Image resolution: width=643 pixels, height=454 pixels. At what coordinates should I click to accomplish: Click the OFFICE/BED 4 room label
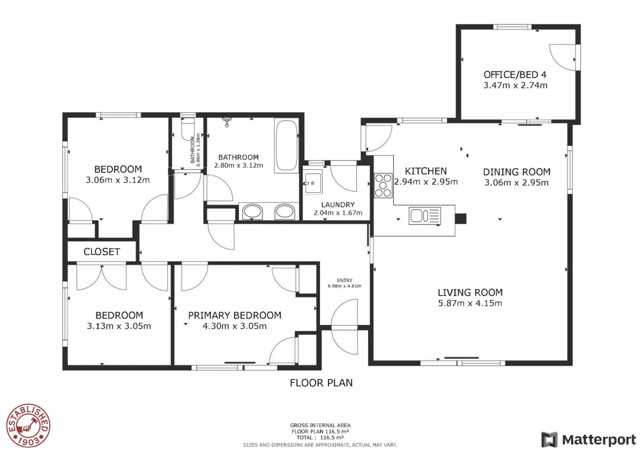click(515, 74)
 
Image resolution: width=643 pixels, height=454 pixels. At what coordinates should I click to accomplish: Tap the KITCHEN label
click(425, 171)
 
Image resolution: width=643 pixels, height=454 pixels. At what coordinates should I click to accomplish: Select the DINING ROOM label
click(517, 172)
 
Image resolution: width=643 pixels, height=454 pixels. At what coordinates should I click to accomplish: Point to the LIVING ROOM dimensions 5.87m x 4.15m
click(470, 303)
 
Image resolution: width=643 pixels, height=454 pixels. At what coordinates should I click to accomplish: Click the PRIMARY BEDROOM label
click(235, 315)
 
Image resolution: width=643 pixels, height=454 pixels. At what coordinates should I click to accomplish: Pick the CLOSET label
click(101, 252)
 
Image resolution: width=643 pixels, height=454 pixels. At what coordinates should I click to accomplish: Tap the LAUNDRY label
click(338, 205)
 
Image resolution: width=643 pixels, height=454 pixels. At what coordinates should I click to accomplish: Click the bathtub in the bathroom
click(286, 146)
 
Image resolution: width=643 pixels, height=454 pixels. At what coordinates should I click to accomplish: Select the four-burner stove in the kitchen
click(383, 185)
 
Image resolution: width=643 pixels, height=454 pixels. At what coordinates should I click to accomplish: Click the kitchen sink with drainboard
click(425, 216)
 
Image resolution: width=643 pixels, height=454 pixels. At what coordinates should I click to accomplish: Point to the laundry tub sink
click(312, 182)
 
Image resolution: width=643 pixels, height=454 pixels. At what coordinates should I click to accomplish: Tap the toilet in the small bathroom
click(188, 127)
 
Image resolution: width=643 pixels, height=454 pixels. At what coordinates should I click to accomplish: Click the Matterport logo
click(589, 440)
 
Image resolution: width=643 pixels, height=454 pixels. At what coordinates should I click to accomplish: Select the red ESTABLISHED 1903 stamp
click(28, 425)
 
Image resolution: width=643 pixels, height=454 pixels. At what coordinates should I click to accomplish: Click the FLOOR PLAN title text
click(321, 383)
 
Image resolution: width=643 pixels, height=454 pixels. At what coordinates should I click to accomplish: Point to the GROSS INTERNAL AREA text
click(320, 425)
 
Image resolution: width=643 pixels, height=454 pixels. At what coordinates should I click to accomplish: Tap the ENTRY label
click(345, 280)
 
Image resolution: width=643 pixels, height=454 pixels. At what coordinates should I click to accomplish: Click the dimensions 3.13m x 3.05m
click(119, 326)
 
